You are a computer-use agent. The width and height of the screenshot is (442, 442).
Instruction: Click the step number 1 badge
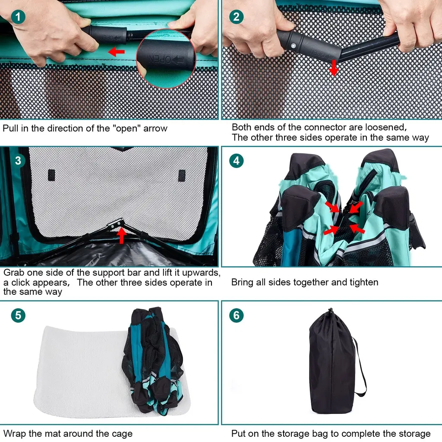click(18, 17)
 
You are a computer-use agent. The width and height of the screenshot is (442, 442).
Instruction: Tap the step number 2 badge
click(236, 17)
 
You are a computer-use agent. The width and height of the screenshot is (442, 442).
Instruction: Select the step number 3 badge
click(18, 161)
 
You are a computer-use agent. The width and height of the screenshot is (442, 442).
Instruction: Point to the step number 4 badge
click(236, 161)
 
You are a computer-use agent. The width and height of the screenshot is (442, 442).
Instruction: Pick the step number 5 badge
click(18, 315)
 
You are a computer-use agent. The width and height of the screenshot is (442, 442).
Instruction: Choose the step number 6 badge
click(236, 315)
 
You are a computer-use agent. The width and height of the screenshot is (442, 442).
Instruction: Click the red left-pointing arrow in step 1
click(117, 52)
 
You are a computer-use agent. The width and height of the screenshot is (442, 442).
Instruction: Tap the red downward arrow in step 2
click(334, 68)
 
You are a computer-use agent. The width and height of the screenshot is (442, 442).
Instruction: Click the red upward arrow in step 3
click(121, 235)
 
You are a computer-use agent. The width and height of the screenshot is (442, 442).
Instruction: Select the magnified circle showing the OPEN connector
click(166, 59)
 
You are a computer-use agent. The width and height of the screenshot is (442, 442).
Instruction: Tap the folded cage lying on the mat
click(153, 361)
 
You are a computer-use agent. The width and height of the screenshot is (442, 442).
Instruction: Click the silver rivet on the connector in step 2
click(294, 46)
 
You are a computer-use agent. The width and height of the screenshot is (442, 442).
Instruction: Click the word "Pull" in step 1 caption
click(11, 129)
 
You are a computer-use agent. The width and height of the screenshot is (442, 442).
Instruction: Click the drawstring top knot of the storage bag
click(331, 311)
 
